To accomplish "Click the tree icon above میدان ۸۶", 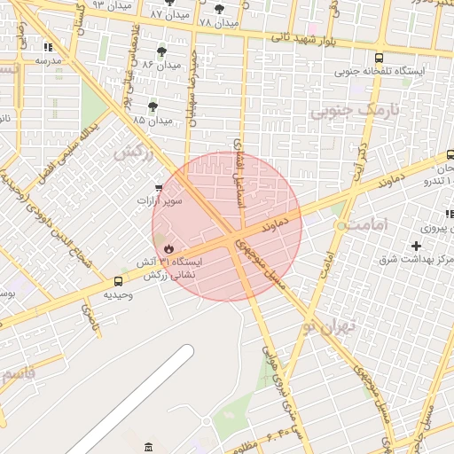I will pos(160,51).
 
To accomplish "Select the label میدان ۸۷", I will pos(168,15).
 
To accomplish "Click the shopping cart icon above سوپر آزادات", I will pos(159,188).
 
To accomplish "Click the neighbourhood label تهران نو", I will pos(325,326).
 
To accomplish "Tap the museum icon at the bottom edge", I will pos(147,444).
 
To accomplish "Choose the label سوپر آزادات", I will pos(159,201).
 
